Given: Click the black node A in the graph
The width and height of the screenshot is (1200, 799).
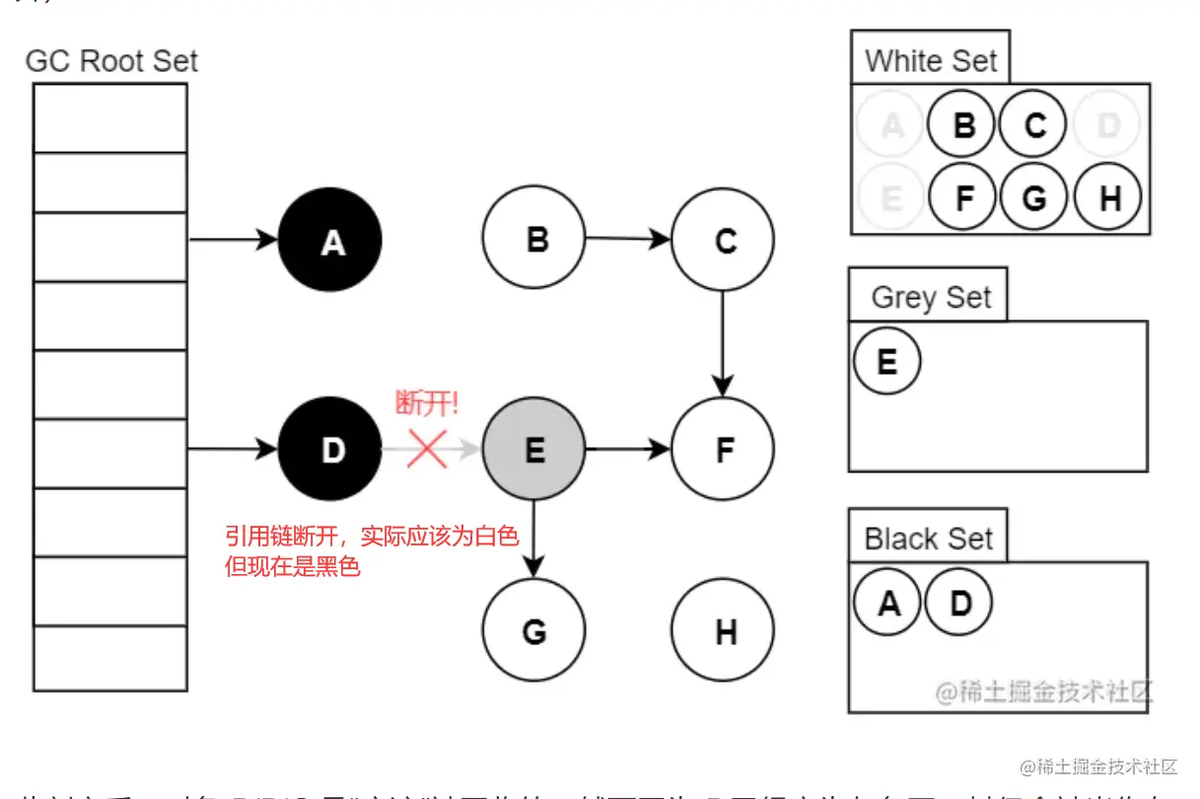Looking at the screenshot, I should [330, 241].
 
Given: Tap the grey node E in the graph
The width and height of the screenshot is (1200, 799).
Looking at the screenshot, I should [533, 450].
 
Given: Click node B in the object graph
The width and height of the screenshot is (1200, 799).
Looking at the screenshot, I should [533, 239].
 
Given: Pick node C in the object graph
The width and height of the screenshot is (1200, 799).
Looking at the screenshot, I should [723, 240].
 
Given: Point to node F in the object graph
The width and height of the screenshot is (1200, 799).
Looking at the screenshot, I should [723, 450].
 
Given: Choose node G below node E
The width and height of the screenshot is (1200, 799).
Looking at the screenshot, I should [533, 630].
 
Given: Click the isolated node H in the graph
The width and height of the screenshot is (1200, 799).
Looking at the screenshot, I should [723, 630].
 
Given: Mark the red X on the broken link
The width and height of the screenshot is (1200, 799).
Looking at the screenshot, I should [427, 449].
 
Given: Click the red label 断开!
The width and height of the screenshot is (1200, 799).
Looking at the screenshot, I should [427, 403].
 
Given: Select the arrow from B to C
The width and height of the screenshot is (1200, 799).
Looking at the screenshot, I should [628, 239].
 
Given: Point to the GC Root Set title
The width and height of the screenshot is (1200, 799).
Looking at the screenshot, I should [111, 61].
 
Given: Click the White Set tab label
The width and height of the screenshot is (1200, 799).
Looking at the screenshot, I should [931, 61].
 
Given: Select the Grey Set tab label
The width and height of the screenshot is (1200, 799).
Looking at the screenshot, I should [931, 297].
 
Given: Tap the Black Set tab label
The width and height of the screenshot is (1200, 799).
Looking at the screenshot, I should [928, 539].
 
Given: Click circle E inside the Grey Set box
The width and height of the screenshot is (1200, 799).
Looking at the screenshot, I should [886, 361].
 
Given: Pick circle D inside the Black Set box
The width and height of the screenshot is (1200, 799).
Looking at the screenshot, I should [959, 602].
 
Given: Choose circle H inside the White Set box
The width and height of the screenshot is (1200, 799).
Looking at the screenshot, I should [1108, 197].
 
